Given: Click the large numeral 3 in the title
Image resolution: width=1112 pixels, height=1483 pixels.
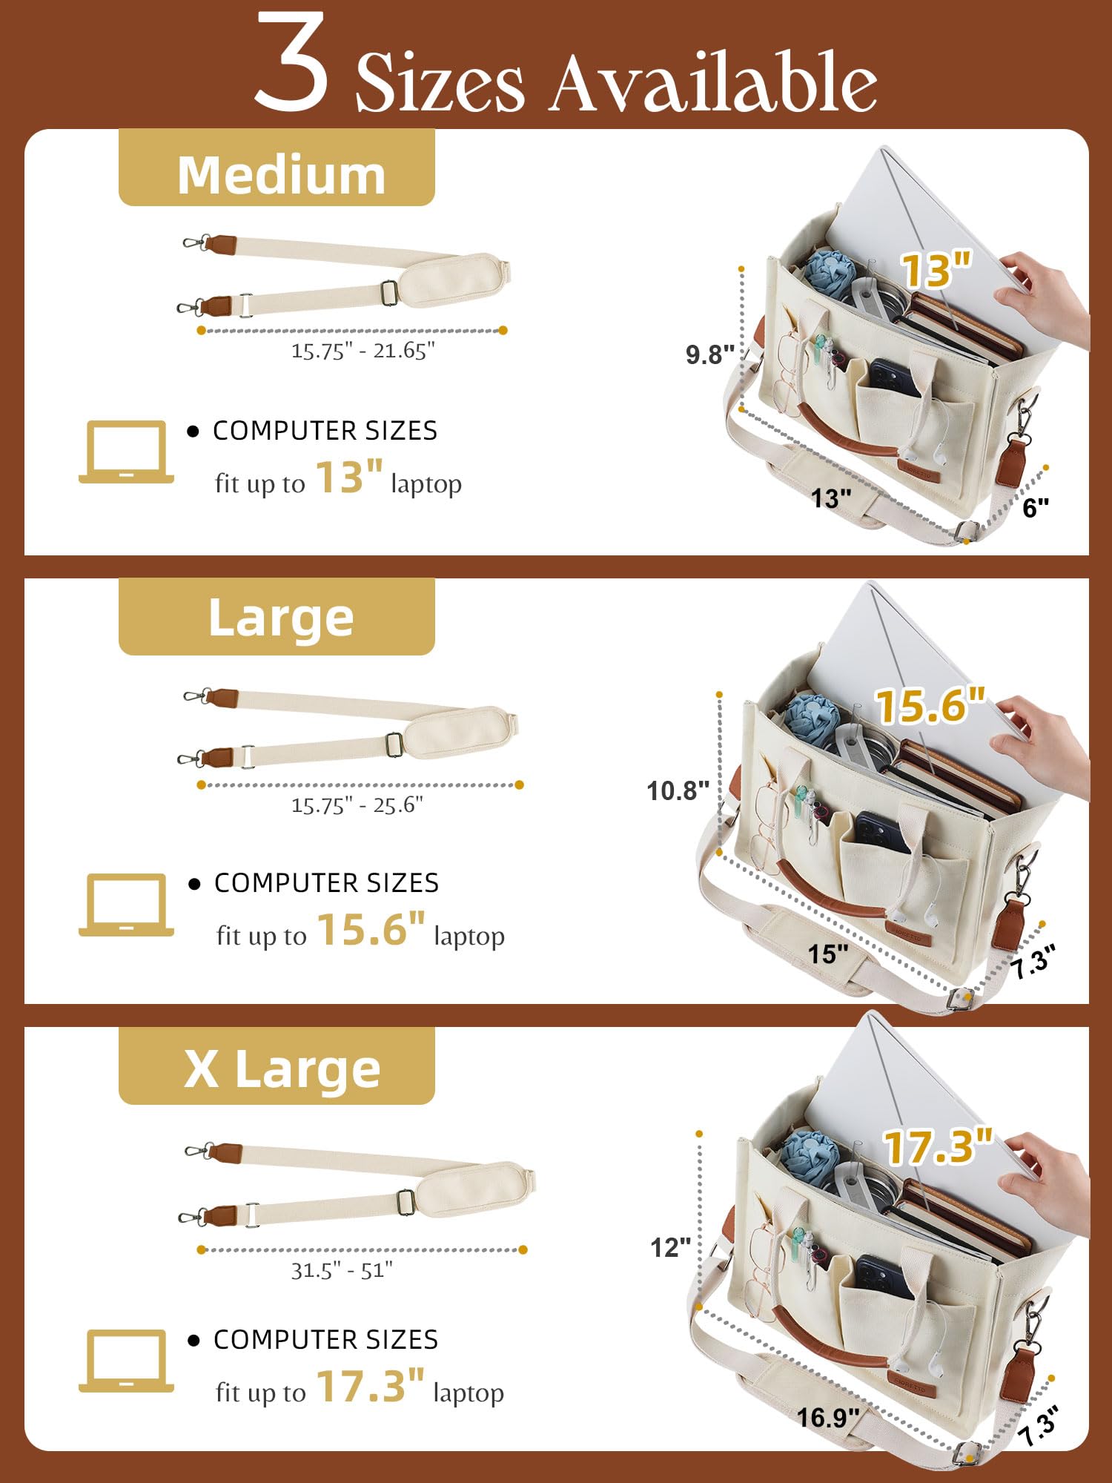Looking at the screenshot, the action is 291,63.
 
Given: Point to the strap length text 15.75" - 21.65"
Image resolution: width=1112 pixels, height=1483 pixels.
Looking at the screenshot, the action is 363,351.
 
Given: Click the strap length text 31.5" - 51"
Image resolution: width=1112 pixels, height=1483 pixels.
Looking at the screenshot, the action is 342,1270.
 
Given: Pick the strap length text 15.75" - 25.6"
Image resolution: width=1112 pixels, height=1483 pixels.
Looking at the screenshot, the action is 357,805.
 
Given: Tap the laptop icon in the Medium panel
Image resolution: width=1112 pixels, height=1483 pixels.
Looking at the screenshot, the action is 127,452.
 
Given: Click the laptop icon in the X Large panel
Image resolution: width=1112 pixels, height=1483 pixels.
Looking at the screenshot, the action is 127,1361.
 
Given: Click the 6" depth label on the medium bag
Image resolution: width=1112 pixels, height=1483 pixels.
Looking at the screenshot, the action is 1036,508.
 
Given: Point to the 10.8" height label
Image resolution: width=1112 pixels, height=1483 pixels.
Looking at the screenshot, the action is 678,790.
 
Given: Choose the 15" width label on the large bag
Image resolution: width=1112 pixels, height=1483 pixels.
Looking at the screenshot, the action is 828,954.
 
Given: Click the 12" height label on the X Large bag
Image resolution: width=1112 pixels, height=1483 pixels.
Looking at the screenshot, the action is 670,1247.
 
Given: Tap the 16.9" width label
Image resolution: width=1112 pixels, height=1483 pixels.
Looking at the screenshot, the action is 828,1418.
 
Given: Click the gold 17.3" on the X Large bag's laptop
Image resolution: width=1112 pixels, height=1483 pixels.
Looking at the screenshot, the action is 938,1146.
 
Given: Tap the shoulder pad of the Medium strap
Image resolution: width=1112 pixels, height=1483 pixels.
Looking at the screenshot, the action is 454,280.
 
